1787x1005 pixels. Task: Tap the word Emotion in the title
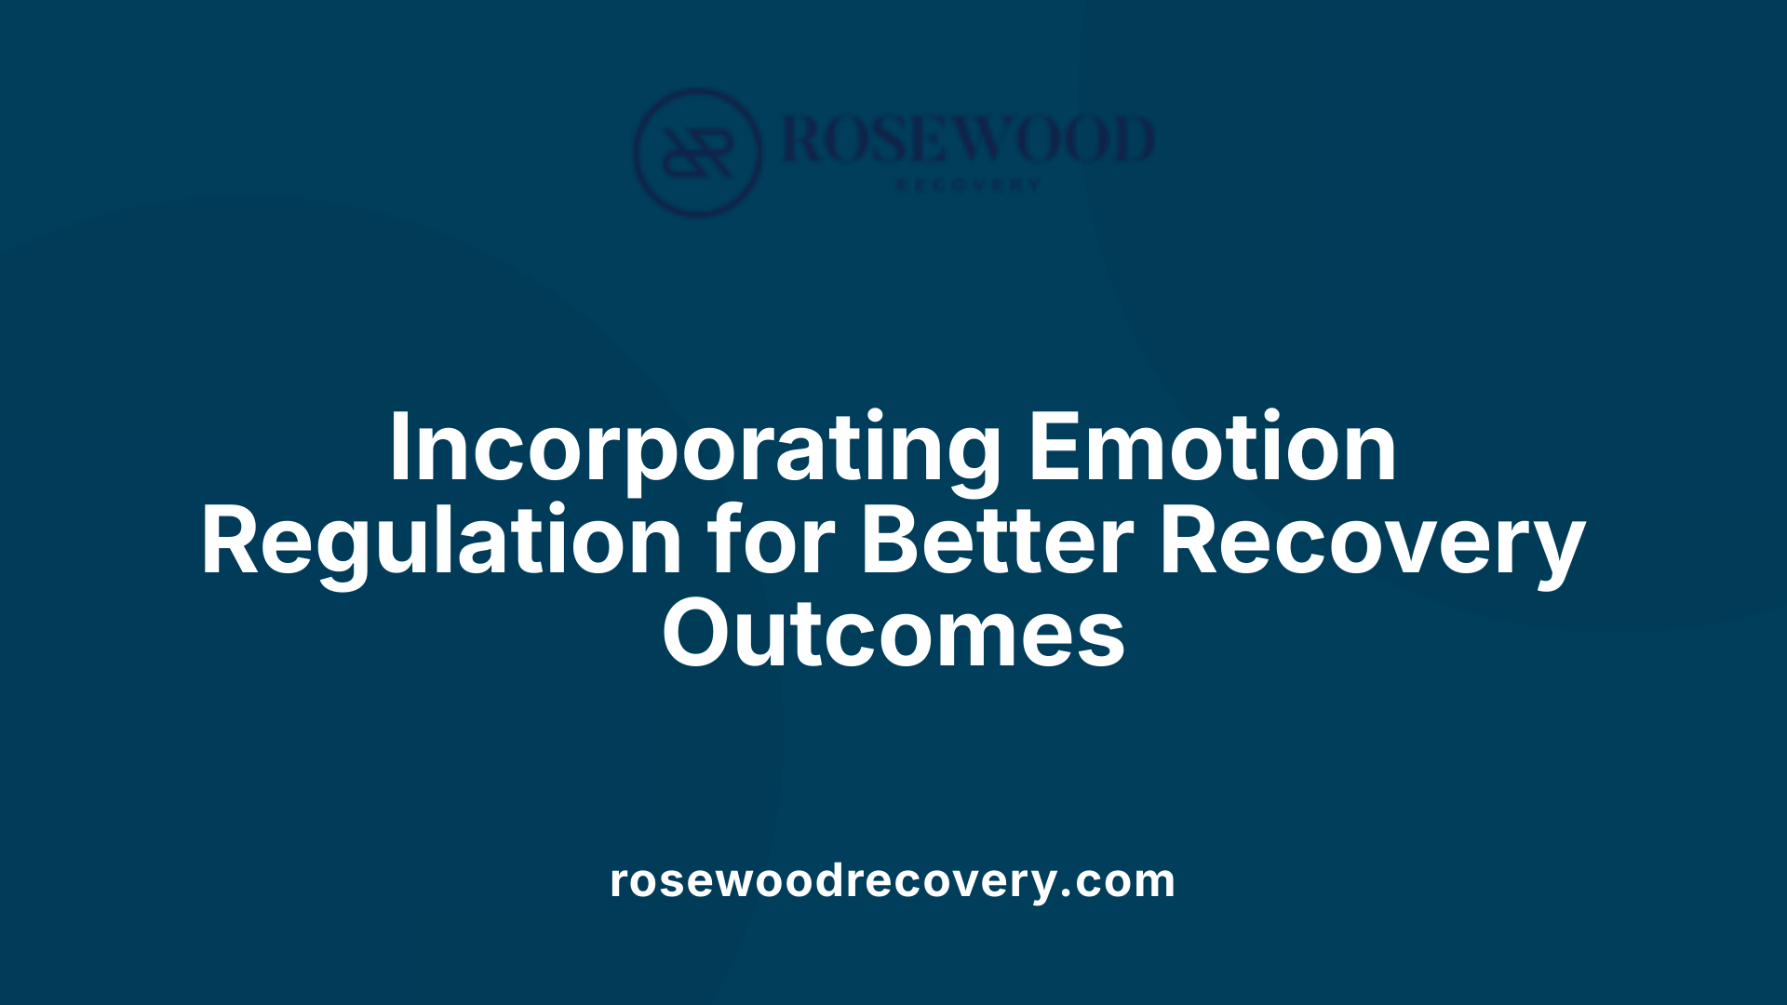[x=1212, y=449]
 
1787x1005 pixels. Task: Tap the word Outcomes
[x=893, y=635]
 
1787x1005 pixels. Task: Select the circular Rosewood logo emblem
[x=697, y=153]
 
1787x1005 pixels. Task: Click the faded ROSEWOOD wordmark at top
[x=968, y=140]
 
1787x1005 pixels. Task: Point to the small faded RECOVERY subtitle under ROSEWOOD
[x=968, y=185]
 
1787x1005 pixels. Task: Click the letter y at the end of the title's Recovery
[x=1559, y=549]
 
